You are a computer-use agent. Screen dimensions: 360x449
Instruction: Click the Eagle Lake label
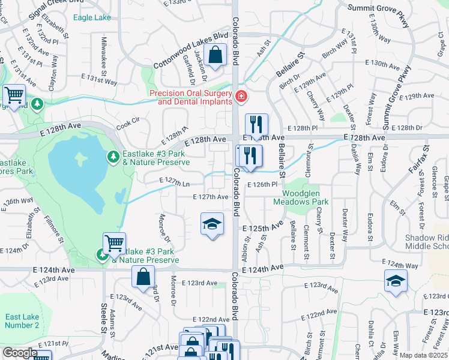[x=92, y=17]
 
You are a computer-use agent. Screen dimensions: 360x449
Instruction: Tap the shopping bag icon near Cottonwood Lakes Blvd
[x=215, y=56]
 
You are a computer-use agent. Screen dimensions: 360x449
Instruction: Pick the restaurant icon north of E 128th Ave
[x=256, y=125]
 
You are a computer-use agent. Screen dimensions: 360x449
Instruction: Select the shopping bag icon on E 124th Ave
[x=143, y=278]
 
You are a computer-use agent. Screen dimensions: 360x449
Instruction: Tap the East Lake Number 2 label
[x=22, y=321]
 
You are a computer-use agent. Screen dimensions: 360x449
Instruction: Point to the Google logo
[x=20, y=353]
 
